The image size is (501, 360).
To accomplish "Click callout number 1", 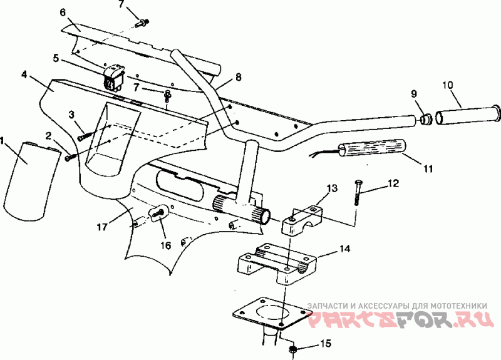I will point(5,141).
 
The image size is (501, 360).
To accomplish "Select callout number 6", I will point(63,11).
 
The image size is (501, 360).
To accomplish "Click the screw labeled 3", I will point(84,133).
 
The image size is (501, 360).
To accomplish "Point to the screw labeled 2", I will point(70,157).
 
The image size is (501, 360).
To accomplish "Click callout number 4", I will point(24,75).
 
